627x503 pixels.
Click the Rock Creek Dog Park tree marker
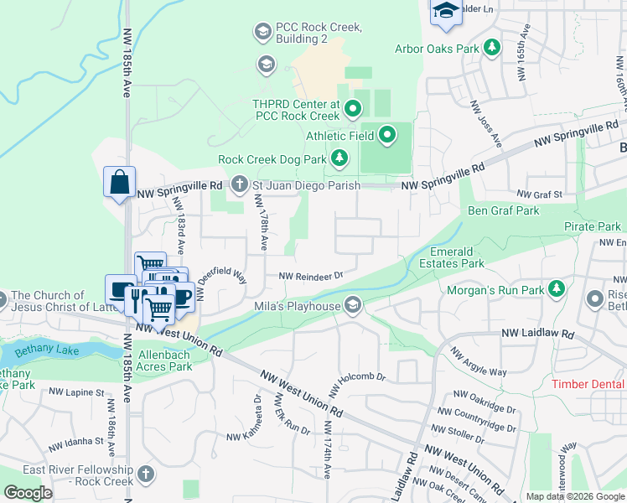[339, 158]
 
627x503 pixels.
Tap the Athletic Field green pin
[387, 134]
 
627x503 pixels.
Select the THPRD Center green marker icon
[353, 107]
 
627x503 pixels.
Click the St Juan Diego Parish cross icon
[239, 184]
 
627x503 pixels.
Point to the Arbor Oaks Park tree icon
[494, 48]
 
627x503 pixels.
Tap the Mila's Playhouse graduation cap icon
[353, 305]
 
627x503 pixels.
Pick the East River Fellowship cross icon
[147, 474]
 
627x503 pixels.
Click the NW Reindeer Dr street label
[311, 275]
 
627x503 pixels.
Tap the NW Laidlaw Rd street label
[537, 334]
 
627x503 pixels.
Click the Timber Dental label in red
[589, 384]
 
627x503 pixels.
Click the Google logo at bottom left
[28, 493]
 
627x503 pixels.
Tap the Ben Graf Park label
[503, 210]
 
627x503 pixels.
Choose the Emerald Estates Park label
[458, 257]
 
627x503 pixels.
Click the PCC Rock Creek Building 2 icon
[262, 33]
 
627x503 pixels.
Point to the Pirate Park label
[592, 226]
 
